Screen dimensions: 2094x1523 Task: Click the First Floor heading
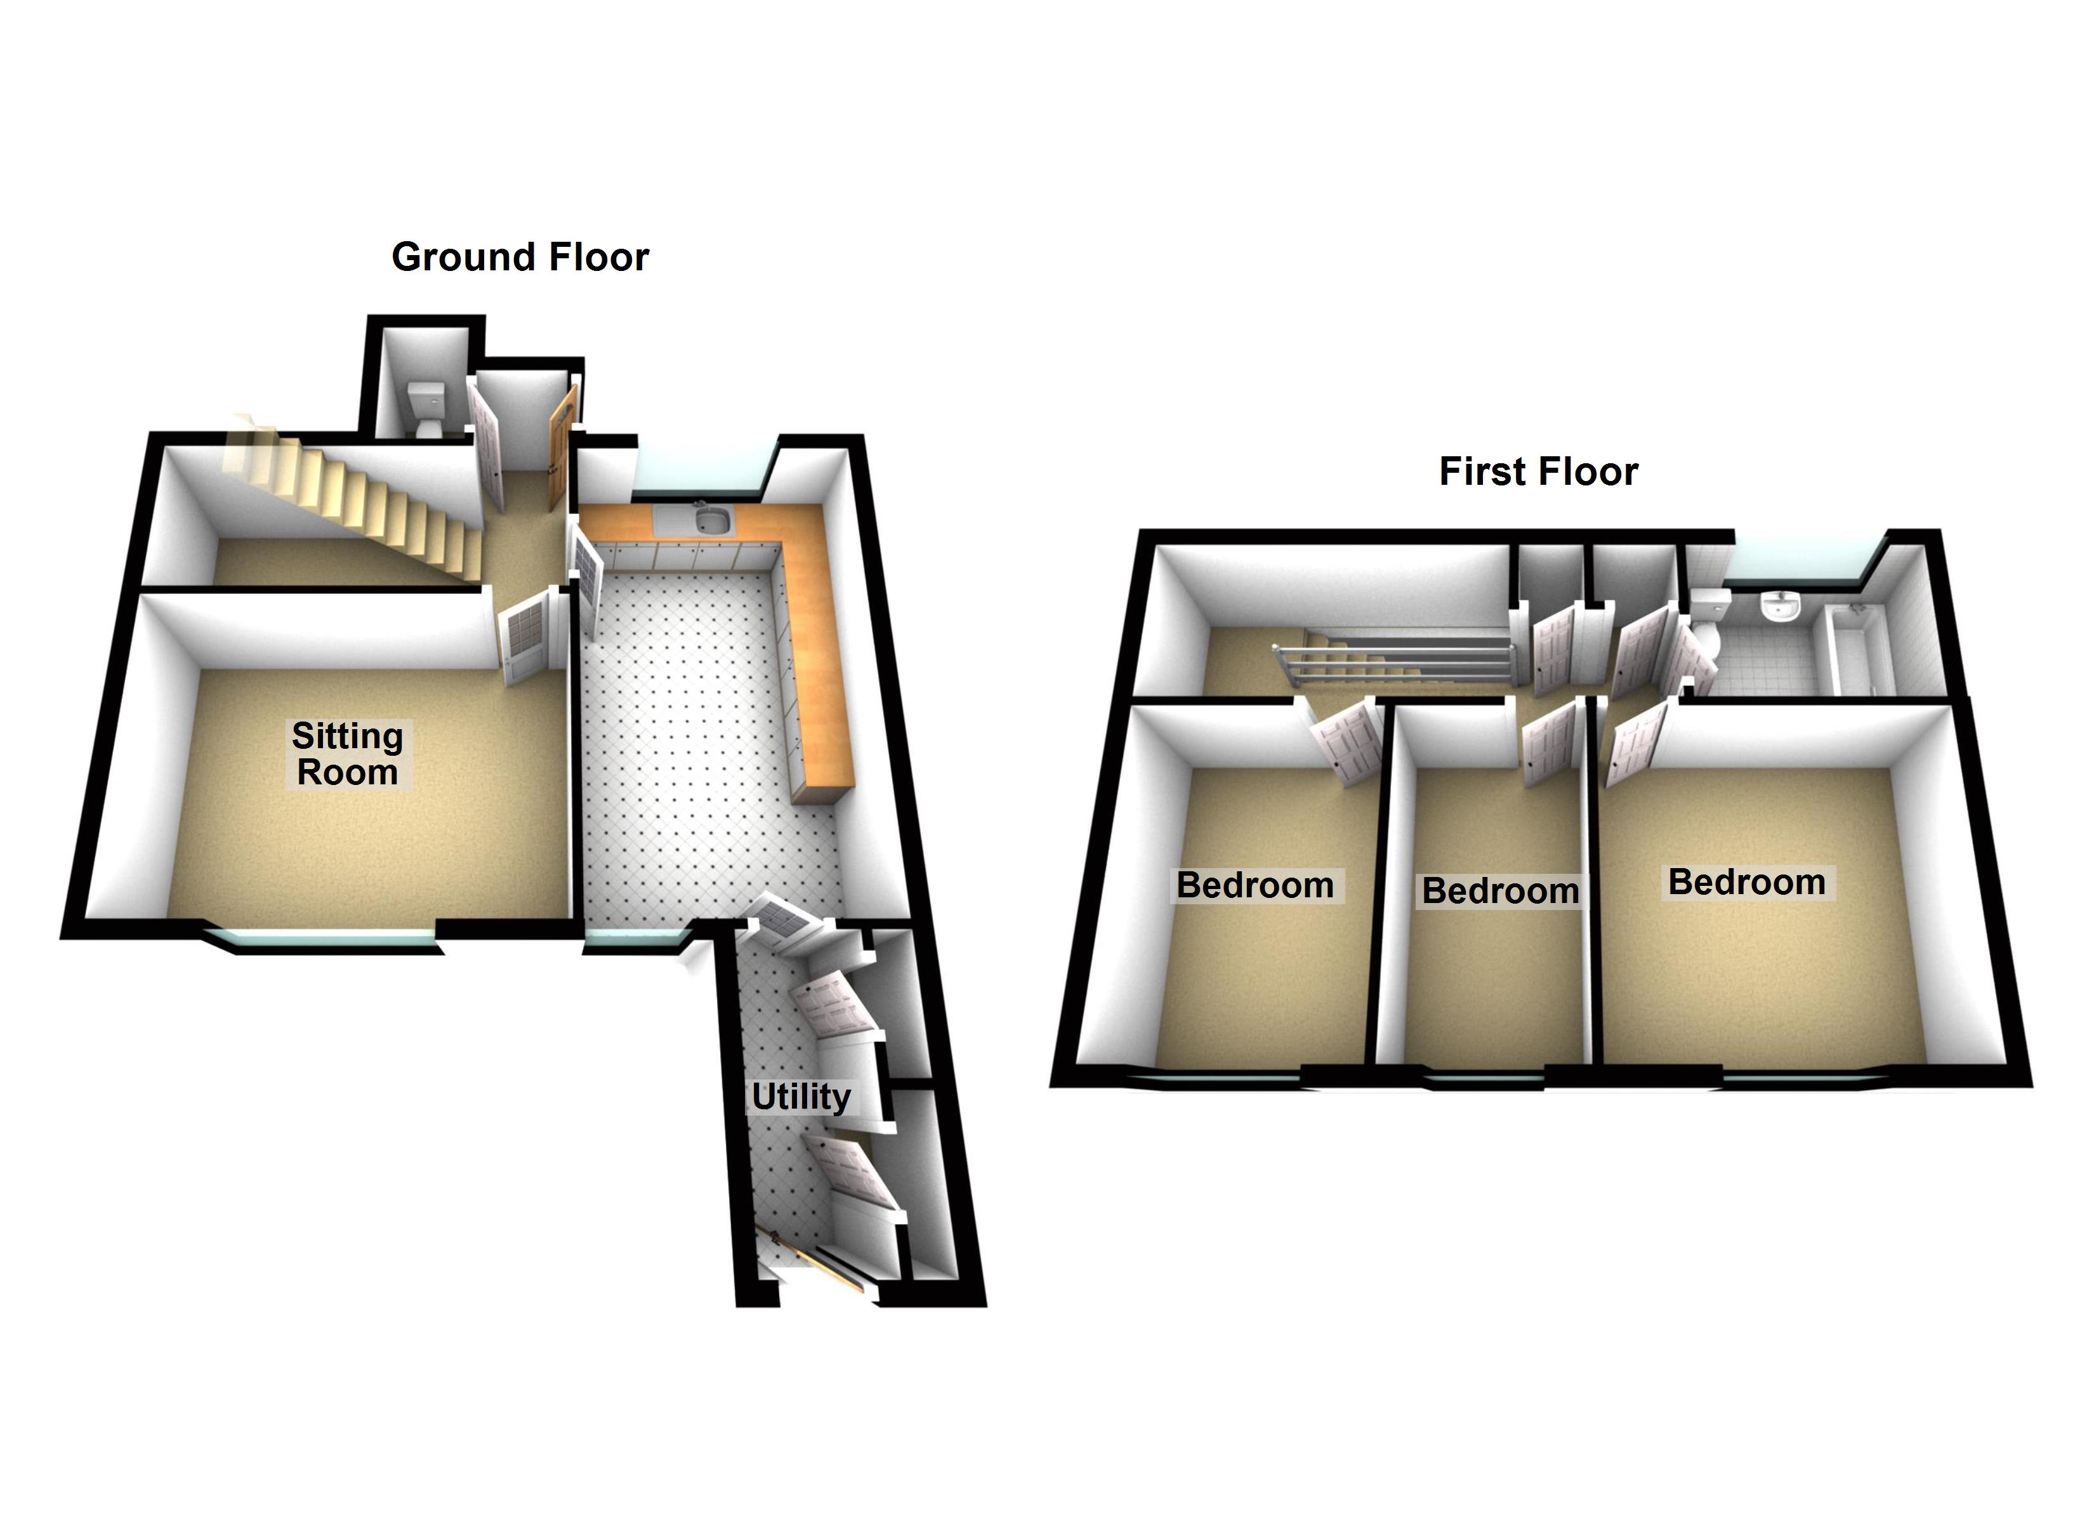tap(1538, 471)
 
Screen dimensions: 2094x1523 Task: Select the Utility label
tap(801, 1097)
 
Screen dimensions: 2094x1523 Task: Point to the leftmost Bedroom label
tap(1254, 885)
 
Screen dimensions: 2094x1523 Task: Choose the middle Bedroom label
tap(1500, 890)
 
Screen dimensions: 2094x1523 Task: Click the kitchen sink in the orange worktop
tap(712, 521)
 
